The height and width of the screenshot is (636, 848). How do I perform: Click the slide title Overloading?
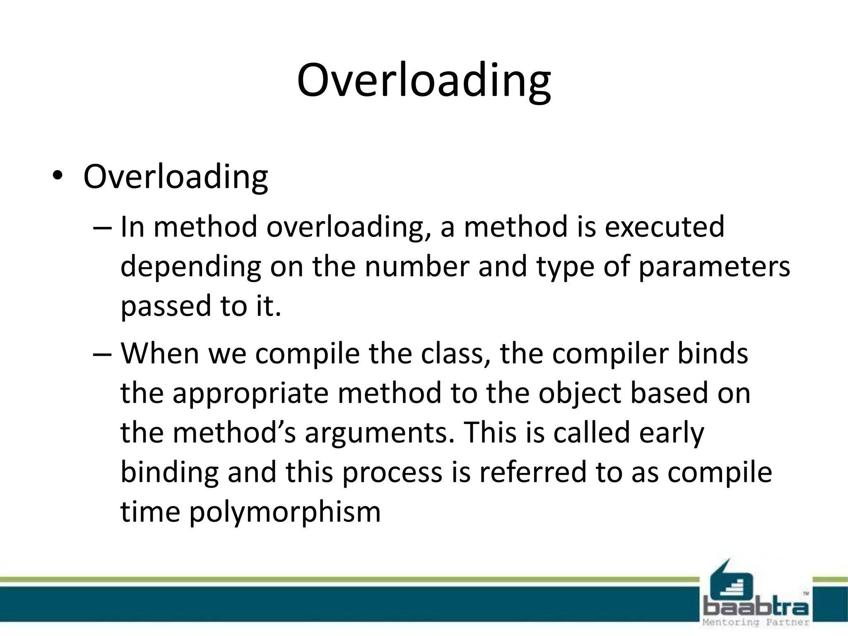pos(424,81)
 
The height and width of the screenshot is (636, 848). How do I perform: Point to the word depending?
pos(190,267)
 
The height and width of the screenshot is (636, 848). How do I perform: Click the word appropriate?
pos(250,393)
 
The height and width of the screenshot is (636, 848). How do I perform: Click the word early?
pos(671,433)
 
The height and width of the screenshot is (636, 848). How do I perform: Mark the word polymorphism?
pos(285,512)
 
